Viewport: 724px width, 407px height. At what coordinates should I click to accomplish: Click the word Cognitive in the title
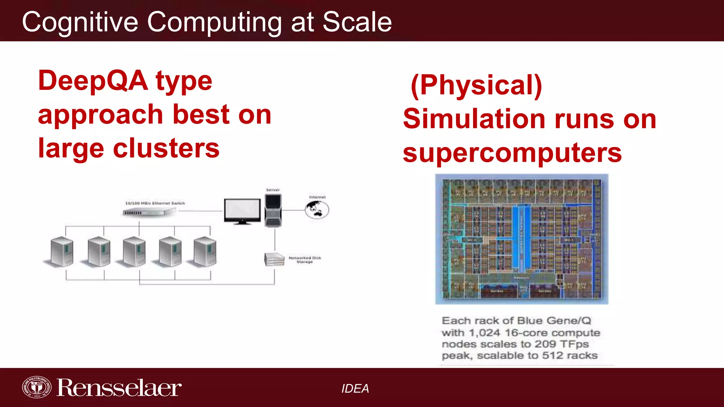[80, 22]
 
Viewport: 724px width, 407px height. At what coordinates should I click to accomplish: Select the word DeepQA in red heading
[93, 81]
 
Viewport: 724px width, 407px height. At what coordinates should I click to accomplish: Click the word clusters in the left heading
[166, 148]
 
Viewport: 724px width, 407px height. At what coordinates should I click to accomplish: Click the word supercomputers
[512, 153]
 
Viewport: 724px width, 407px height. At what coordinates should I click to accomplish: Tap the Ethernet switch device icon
[149, 212]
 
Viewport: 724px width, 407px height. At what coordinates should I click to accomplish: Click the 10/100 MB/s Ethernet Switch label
[155, 203]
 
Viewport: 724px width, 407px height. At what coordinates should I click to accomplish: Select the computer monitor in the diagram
[242, 211]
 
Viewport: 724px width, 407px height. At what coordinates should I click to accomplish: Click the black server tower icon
[273, 211]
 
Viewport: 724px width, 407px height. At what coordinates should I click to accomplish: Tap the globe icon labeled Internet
[317, 210]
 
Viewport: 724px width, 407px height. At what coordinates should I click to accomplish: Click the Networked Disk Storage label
[305, 260]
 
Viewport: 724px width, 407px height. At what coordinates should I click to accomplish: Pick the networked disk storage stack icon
[274, 259]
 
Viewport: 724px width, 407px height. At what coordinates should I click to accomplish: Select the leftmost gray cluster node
[62, 252]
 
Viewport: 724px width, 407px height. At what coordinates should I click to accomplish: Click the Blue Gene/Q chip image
[521, 239]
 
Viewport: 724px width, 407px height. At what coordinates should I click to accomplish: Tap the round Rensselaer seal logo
[36, 388]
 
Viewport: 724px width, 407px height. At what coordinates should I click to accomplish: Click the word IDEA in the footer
[355, 389]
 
